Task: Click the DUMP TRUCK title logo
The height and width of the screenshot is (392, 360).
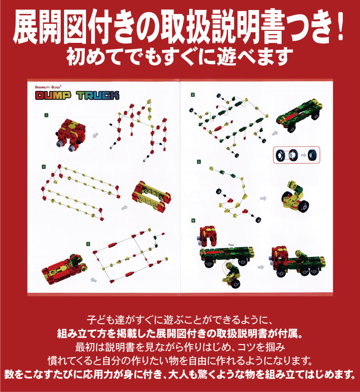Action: (x=77, y=96)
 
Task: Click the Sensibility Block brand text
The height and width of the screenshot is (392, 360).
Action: (x=51, y=86)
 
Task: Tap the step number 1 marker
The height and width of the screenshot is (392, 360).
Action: (x=46, y=115)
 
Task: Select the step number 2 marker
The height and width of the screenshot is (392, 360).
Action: (x=43, y=166)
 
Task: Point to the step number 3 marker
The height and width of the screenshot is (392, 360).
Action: (x=88, y=243)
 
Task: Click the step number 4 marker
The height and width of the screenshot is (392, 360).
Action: (x=193, y=95)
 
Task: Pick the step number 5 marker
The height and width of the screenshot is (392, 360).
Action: (x=193, y=162)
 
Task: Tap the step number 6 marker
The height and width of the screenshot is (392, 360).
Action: (x=193, y=220)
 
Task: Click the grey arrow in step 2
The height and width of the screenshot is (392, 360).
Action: (x=124, y=207)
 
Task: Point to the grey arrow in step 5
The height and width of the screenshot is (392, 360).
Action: (x=263, y=198)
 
